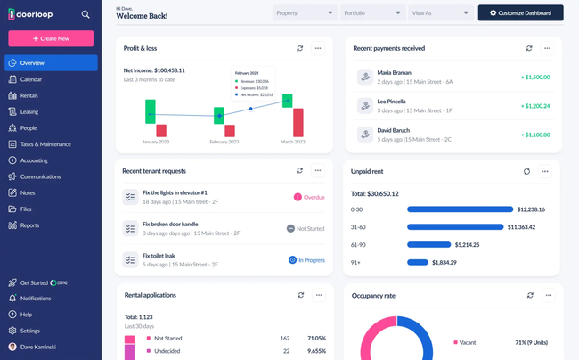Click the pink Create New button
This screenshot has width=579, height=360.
pyautogui.click(x=51, y=39)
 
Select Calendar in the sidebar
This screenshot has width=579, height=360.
pyautogui.click(x=31, y=79)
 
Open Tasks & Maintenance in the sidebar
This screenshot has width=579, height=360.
pyautogui.click(x=45, y=144)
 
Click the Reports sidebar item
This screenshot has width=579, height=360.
pyautogui.click(x=29, y=225)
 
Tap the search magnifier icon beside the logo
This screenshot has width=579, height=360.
pyautogui.click(x=86, y=14)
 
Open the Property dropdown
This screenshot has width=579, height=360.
pyautogui.click(x=304, y=13)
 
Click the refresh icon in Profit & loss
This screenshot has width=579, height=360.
pyautogui.click(x=300, y=48)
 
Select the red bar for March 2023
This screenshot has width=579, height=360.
pyautogui.click(x=298, y=122)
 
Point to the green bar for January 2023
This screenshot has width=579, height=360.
pyautogui.click(x=151, y=111)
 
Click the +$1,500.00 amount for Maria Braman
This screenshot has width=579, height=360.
pyautogui.click(x=535, y=78)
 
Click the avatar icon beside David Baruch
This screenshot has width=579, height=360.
pyautogui.click(x=364, y=135)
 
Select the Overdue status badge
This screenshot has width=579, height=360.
pyautogui.click(x=309, y=197)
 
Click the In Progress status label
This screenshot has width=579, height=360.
pyautogui.click(x=307, y=259)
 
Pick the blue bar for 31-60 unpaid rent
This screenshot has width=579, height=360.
pyautogui.click(x=454, y=227)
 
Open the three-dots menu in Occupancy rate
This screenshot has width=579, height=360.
pyautogui.click(x=547, y=295)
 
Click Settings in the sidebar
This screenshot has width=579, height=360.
pyautogui.click(x=30, y=331)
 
